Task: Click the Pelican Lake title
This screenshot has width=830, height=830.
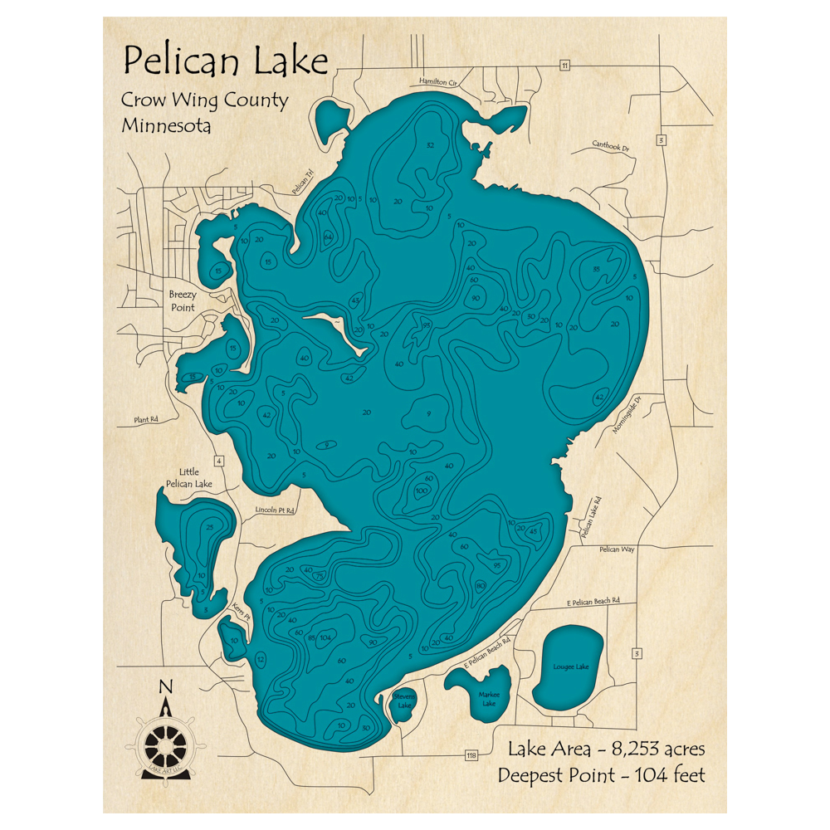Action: [225, 61]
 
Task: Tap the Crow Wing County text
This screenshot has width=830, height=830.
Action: [204, 100]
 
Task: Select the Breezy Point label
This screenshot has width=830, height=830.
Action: [183, 300]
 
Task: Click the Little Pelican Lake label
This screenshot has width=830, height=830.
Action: [189, 477]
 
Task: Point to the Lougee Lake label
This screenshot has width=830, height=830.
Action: [570, 666]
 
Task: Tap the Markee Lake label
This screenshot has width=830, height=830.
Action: [487, 698]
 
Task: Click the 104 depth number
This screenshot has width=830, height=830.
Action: [326, 637]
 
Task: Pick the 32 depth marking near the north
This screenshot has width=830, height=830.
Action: [429, 145]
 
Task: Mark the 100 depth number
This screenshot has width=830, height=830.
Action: [421, 491]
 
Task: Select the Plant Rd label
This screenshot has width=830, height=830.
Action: [145, 420]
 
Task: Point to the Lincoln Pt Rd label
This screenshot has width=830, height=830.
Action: [275, 510]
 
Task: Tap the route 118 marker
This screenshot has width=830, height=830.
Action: [471, 755]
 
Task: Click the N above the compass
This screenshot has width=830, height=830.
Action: [166, 686]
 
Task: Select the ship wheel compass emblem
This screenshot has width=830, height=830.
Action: [166, 736]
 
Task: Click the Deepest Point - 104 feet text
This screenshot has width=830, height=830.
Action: [601, 775]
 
